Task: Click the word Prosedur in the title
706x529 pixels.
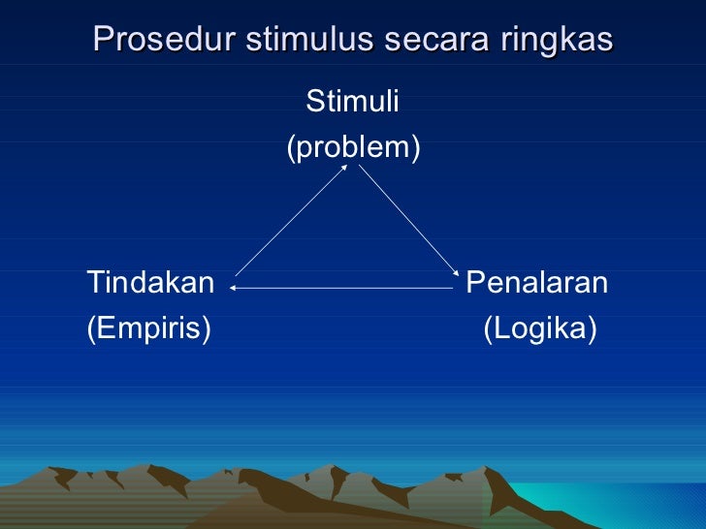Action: coord(164,40)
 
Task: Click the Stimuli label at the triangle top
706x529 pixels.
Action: coord(352,101)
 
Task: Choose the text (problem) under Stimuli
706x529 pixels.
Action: coord(353,147)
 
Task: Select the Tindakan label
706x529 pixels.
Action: coord(150,283)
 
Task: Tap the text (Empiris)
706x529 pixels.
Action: coord(149,329)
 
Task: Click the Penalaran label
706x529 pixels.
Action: coord(537,283)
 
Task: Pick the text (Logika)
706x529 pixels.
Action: coord(540,329)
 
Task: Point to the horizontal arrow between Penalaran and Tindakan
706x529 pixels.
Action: coord(342,288)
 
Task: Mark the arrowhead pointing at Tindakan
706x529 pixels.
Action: coord(234,288)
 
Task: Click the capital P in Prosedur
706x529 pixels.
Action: coord(102,40)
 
